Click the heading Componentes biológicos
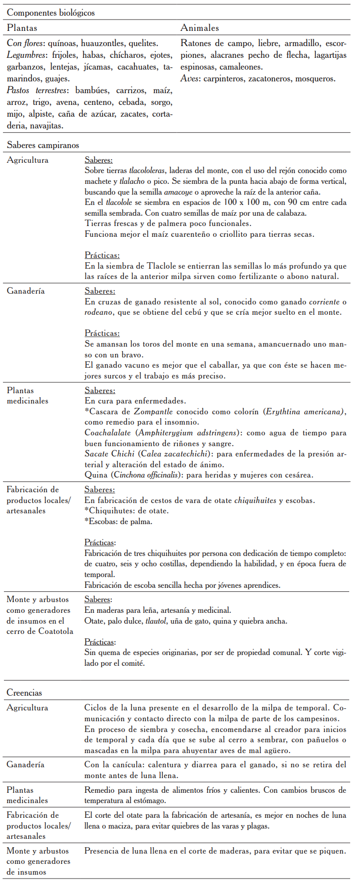(51, 13)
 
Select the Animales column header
(200, 28)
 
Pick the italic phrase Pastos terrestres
(38, 90)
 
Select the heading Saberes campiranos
(43, 145)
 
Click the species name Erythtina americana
(303, 411)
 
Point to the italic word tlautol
(155, 621)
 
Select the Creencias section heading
(24, 693)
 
